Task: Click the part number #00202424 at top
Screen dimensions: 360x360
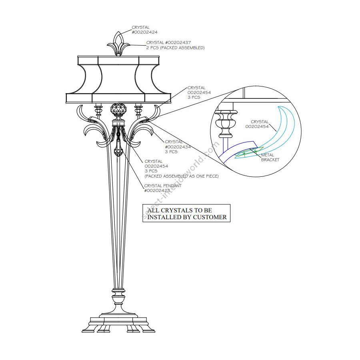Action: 141,32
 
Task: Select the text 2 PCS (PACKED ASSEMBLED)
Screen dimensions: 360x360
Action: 175,48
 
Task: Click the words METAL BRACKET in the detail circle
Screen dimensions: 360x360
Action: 270,157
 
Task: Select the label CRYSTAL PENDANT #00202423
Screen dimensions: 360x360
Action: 163,188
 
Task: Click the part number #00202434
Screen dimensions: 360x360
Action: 178,147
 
